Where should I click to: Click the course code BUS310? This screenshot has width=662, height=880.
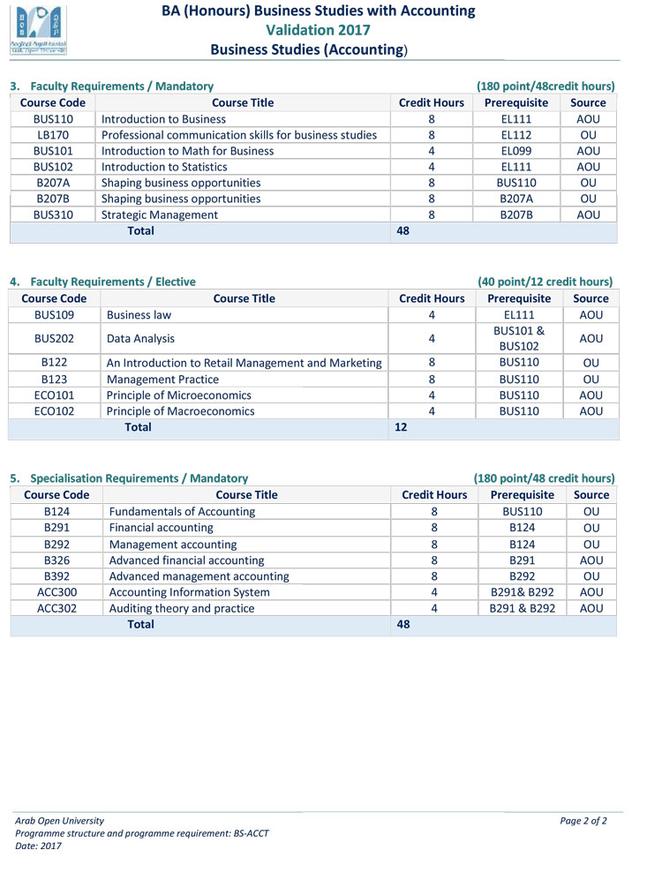point(53,214)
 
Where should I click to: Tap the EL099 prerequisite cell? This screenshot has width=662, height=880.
point(516,151)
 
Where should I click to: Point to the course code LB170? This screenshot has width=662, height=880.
point(53,135)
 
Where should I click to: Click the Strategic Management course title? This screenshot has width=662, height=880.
point(160,214)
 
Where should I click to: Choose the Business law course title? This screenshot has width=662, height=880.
point(139,314)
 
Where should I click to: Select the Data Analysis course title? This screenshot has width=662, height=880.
point(140,338)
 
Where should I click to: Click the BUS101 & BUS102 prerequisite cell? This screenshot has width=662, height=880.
point(519,338)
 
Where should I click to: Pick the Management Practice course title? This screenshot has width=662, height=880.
point(162,380)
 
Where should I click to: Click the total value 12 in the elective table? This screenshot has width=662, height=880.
point(401,427)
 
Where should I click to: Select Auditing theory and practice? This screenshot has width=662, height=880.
point(182,608)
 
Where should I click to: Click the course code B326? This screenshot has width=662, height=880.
point(56,560)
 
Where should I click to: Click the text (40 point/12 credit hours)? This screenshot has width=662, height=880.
point(545,282)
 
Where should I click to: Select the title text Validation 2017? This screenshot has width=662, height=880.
point(318,30)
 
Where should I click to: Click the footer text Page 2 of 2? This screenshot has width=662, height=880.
point(583,821)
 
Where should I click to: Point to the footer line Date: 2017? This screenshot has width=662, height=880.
point(39,846)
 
